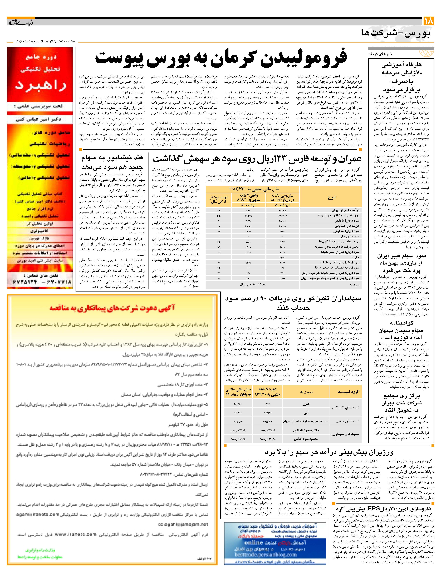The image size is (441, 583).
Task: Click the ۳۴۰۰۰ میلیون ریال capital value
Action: click(253, 285)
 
